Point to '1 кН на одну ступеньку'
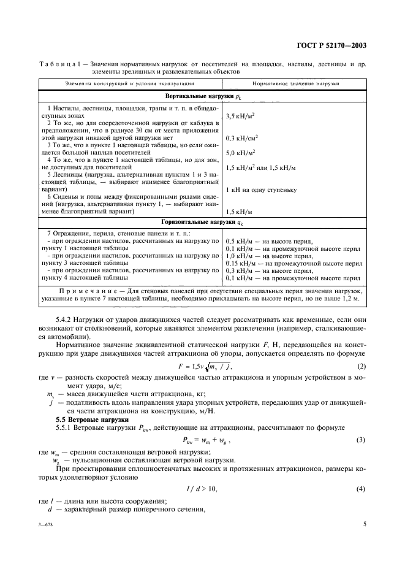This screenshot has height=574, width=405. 262,189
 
